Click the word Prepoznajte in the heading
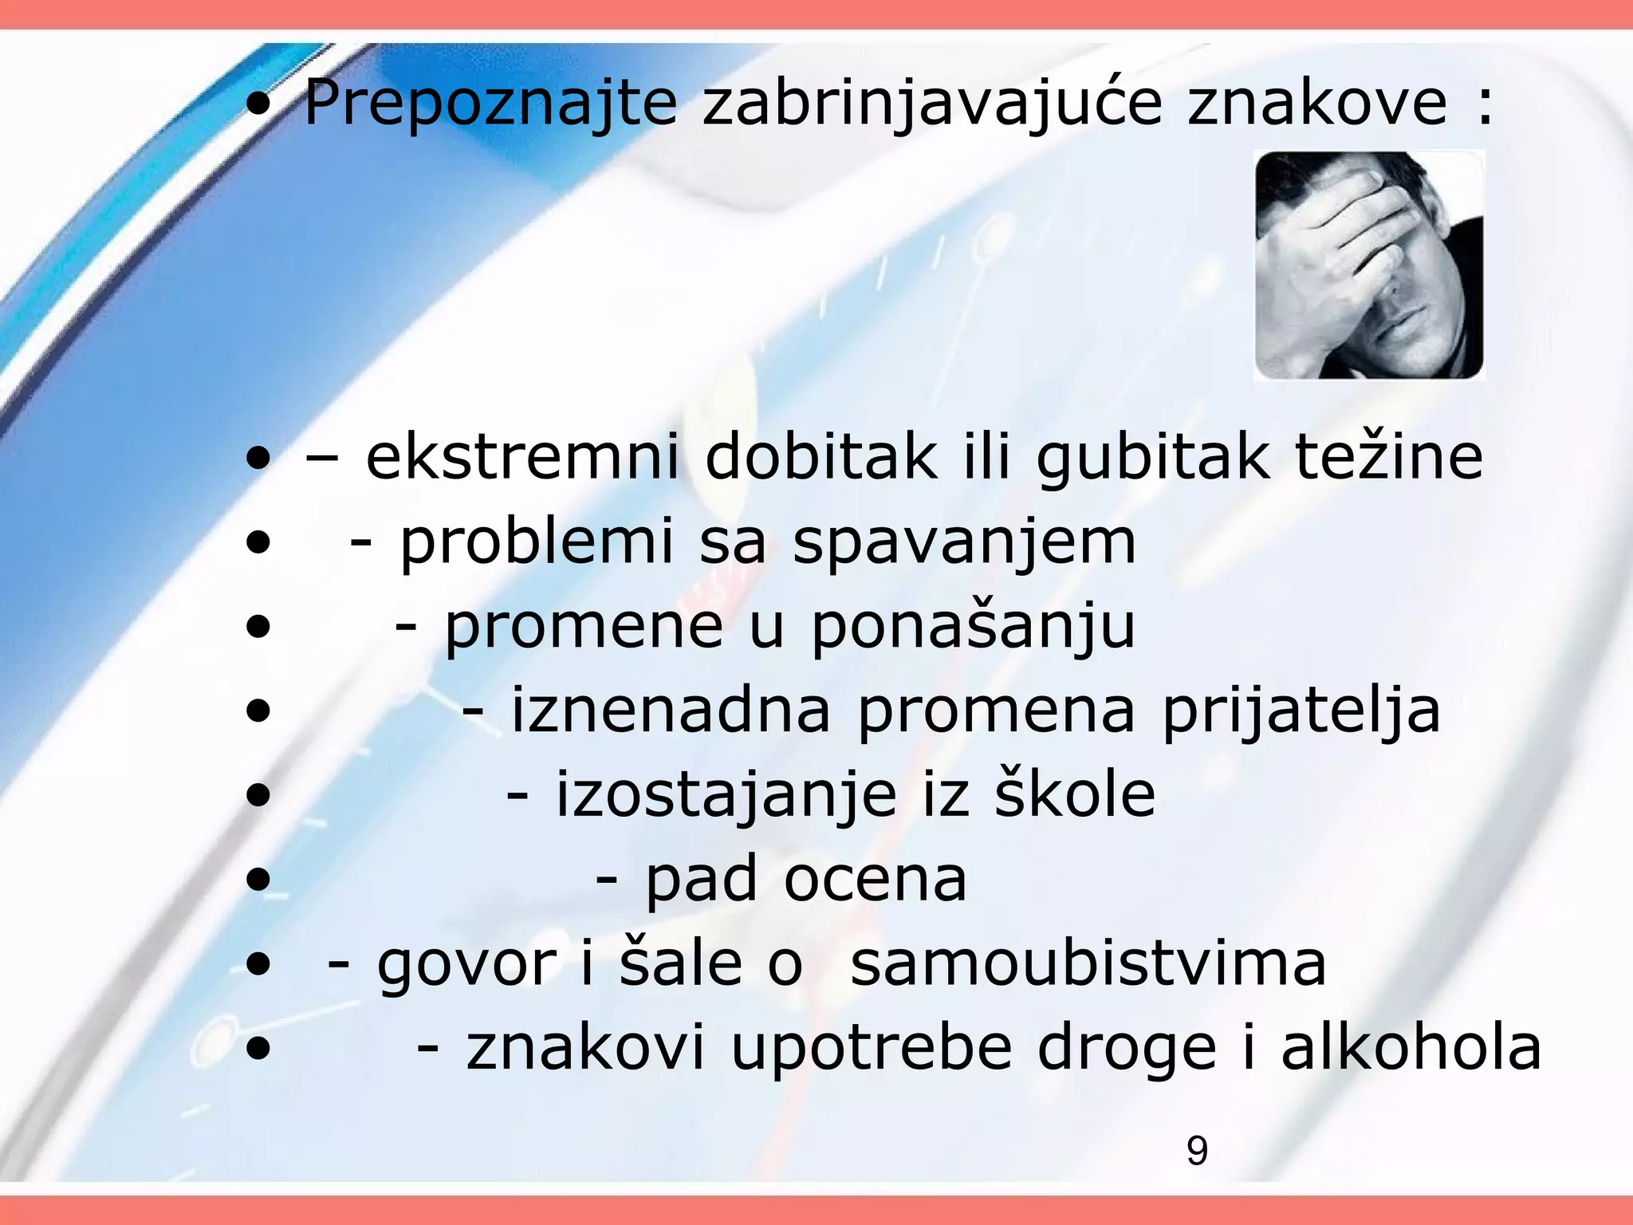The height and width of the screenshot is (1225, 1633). (490, 104)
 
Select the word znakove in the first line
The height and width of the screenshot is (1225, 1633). (1316, 104)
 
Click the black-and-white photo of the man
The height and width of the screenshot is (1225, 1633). (1368, 265)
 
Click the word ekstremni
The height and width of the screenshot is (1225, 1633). (522, 457)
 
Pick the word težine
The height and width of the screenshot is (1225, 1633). (1387, 457)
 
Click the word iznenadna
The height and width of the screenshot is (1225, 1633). (670, 710)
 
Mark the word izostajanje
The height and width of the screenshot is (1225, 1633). (726, 796)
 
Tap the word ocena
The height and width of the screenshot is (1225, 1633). (875, 880)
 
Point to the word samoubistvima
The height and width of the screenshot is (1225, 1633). (1088, 963)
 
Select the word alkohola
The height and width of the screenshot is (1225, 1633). (1411, 1047)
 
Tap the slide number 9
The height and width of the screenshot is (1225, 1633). (1197, 1151)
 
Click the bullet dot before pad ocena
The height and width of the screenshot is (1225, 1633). (258, 880)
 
